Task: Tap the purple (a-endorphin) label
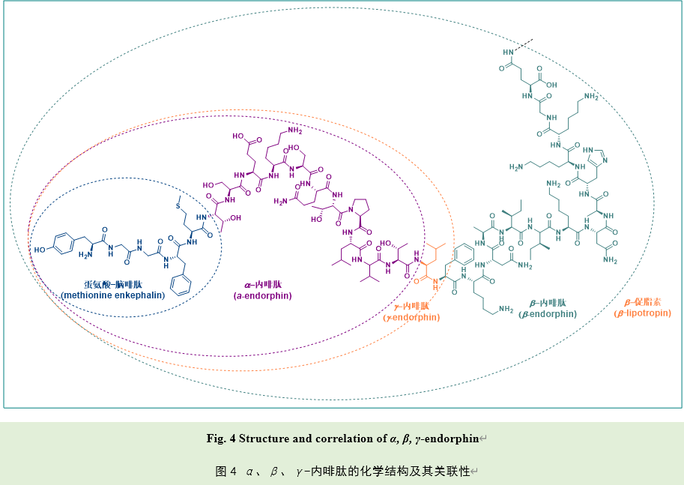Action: tap(262, 295)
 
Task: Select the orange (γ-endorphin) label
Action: tap(412, 317)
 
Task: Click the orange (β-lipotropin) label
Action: tap(643, 313)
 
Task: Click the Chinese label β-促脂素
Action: tap(642, 302)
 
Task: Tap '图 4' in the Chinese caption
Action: tap(226, 472)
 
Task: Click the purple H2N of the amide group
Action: tap(282, 201)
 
